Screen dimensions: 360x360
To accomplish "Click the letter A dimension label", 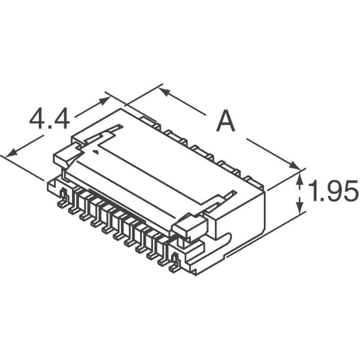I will pos(226,121).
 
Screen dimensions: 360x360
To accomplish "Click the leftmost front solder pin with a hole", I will pos(64,196).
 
